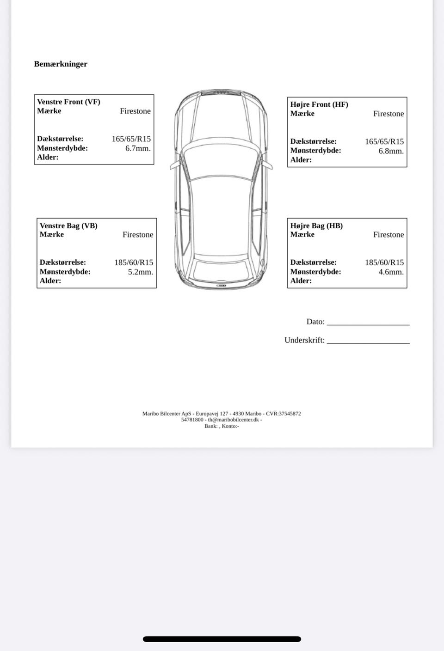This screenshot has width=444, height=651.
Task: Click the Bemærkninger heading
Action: (x=61, y=64)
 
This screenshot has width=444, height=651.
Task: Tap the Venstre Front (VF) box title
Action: (x=68, y=102)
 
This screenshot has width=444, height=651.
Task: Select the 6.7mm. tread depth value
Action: (x=138, y=148)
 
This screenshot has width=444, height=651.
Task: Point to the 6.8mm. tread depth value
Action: (x=391, y=151)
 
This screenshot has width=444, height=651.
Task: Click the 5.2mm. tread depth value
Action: (x=140, y=272)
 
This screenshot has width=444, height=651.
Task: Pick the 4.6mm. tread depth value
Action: (x=391, y=272)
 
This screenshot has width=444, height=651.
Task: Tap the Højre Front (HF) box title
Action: (x=319, y=104)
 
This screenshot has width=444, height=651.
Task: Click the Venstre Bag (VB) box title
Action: (x=68, y=225)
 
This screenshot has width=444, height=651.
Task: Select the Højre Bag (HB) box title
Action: (x=316, y=225)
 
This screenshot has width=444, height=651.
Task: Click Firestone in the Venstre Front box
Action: (x=135, y=111)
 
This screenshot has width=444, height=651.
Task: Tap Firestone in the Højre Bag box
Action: (x=388, y=235)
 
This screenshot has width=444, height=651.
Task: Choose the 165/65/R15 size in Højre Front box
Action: (x=384, y=141)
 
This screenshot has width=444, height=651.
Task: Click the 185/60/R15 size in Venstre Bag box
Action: (x=134, y=262)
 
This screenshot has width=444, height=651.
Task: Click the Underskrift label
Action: (x=304, y=340)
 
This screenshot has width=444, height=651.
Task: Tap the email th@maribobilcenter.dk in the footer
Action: (x=233, y=420)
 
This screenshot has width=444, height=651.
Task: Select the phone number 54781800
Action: (x=192, y=420)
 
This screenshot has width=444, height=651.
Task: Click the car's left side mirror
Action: (x=174, y=165)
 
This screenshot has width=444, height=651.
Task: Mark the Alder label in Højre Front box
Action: (x=301, y=160)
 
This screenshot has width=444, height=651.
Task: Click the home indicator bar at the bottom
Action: (x=222, y=639)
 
